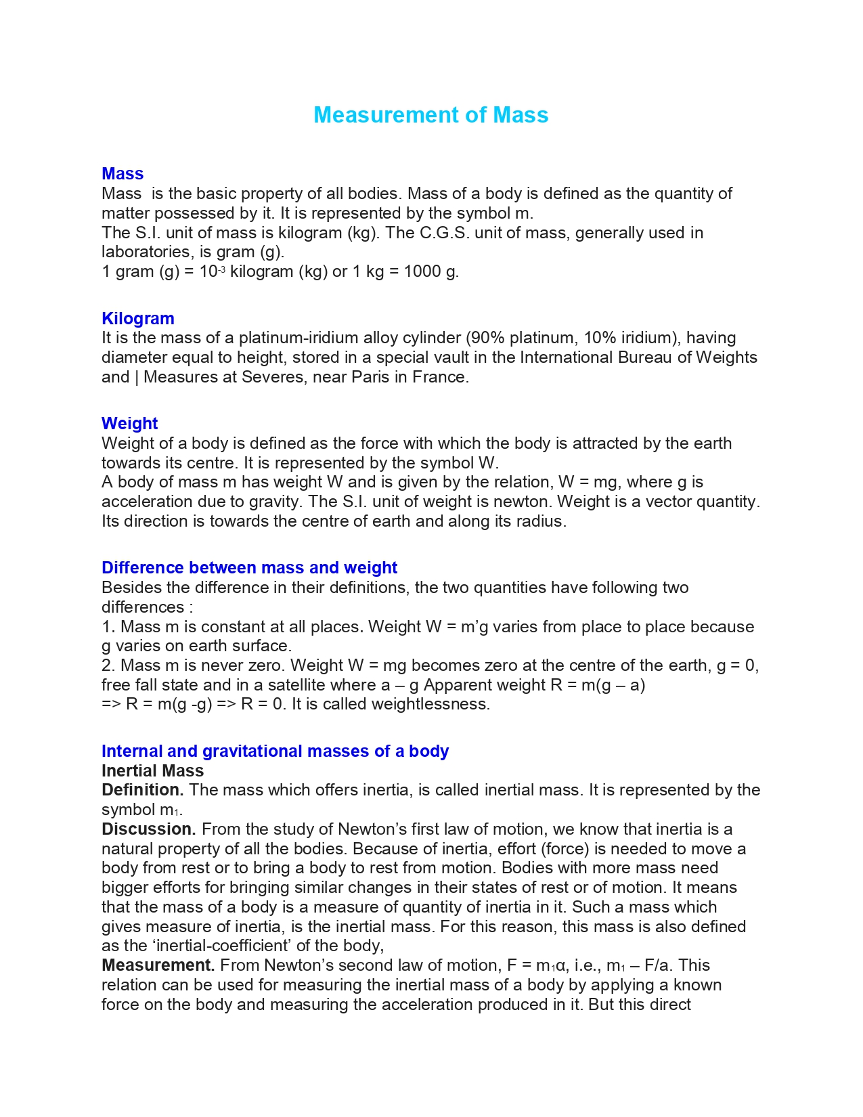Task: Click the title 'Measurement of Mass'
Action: coord(430,115)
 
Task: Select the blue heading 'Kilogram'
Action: coord(138,318)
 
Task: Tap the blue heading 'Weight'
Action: coord(129,423)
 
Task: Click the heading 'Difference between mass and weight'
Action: coord(249,567)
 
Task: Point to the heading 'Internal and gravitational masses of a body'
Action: coord(275,751)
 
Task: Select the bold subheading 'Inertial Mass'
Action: coord(152,770)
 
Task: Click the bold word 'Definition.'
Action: coord(143,790)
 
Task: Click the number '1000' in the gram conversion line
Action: coord(422,271)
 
